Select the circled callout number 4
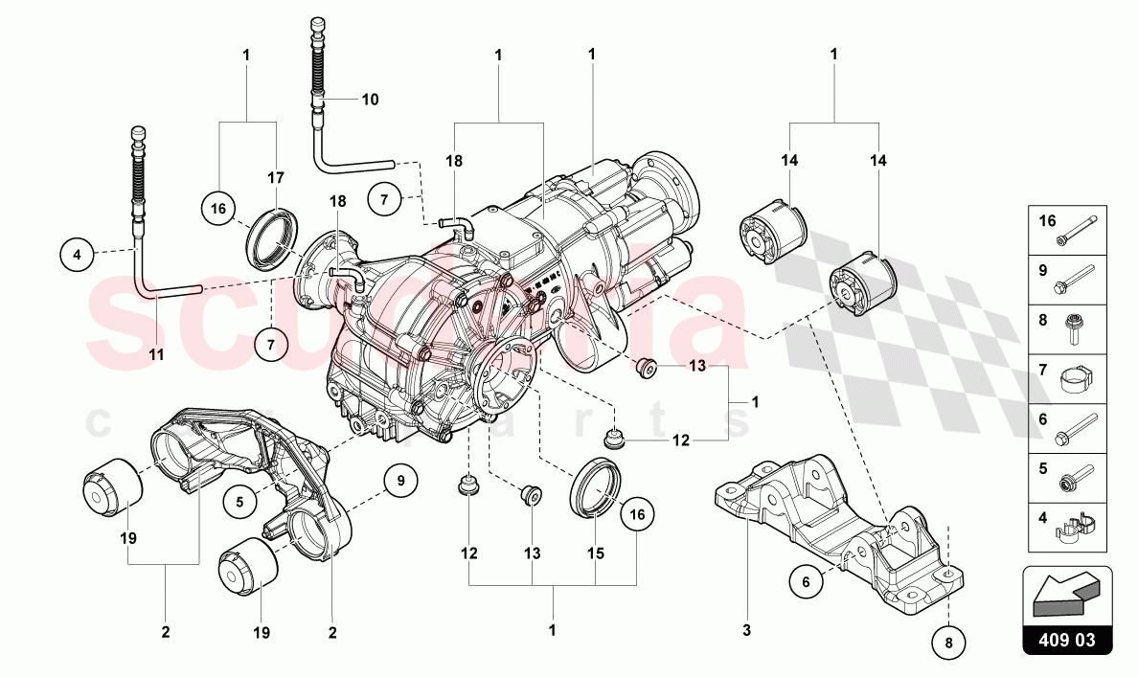pyautogui.click(x=78, y=255)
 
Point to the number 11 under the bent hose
pyautogui.click(x=156, y=354)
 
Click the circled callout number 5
pyautogui.click(x=241, y=499)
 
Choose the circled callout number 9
pyautogui.click(x=401, y=479)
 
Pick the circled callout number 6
pyautogui.click(x=807, y=580)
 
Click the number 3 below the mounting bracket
pyautogui.click(x=746, y=630)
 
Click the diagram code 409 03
pyautogui.click(x=1067, y=640)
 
